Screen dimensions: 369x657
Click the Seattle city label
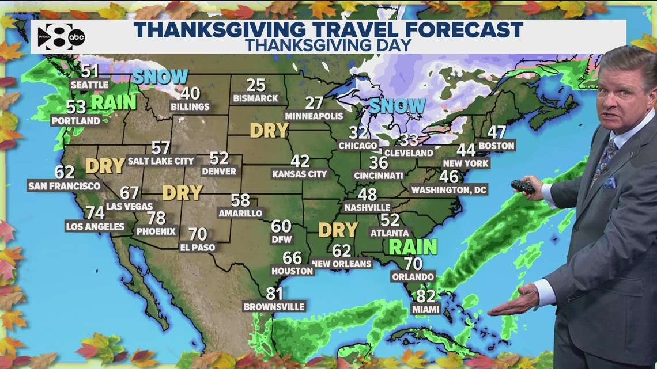[x=89, y=85]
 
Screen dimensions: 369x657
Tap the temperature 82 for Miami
[x=425, y=296]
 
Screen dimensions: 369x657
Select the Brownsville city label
[x=274, y=306]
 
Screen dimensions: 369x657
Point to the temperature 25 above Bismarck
[x=256, y=85]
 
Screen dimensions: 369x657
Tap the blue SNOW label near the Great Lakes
[x=397, y=106]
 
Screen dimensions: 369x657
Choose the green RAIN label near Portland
[x=113, y=102]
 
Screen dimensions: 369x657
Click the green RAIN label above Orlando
[x=412, y=247]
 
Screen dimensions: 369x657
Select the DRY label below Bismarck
[x=269, y=130]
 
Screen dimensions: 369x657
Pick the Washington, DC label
[x=450, y=189]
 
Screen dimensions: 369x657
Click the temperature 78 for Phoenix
[x=156, y=218]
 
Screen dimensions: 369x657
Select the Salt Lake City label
[x=161, y=161]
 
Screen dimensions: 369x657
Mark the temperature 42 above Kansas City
[x=300, y=161]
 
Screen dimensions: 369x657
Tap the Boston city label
[x=496, y=146]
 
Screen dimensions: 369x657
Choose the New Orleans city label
[x=341, y=264]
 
